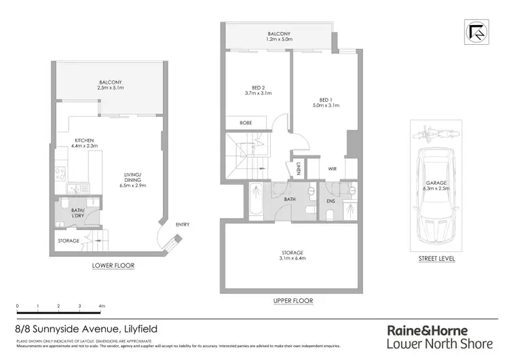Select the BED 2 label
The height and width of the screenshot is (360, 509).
click(257, 87)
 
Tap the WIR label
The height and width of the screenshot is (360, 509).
click(332, 170)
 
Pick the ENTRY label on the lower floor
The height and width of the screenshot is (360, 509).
click(183, 225)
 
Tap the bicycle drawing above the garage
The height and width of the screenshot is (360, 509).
click(431, 129)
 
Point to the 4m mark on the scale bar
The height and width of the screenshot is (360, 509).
click(102, 306)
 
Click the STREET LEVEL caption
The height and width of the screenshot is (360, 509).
click(436, 259)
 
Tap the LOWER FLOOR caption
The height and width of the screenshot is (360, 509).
click(113, 265)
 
